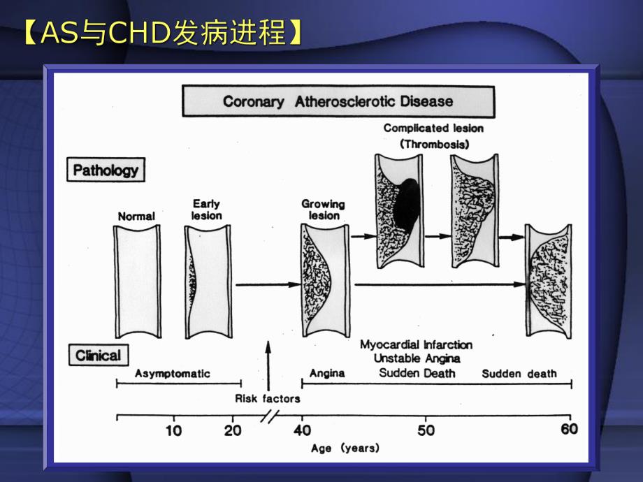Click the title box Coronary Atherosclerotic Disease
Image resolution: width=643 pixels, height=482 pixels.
[338, 101]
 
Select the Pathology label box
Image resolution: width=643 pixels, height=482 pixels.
[106, 170]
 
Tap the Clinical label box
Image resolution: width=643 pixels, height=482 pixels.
[98, 356]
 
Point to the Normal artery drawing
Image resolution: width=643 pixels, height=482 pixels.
[136, 282]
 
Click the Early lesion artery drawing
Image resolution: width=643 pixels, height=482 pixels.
[208, 282]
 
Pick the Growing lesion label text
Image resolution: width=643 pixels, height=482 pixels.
[323, 210]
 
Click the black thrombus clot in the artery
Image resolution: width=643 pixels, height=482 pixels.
[405, 210]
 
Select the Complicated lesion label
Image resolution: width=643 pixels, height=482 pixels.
[433, 129]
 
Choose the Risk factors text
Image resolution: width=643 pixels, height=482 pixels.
[267, 399]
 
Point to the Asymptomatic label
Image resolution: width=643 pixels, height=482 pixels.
[172, 374]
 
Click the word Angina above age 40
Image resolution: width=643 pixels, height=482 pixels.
[327, 373]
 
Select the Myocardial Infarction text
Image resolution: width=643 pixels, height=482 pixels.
[417, 344]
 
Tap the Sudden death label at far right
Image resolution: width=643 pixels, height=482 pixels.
[519, 374]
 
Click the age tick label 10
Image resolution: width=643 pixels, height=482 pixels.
[173, 430]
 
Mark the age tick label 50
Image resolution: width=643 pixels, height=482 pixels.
[426, 430]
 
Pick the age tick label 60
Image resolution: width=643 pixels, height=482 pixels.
[570, 430]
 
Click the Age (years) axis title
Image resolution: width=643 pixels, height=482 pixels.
[345, 448]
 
